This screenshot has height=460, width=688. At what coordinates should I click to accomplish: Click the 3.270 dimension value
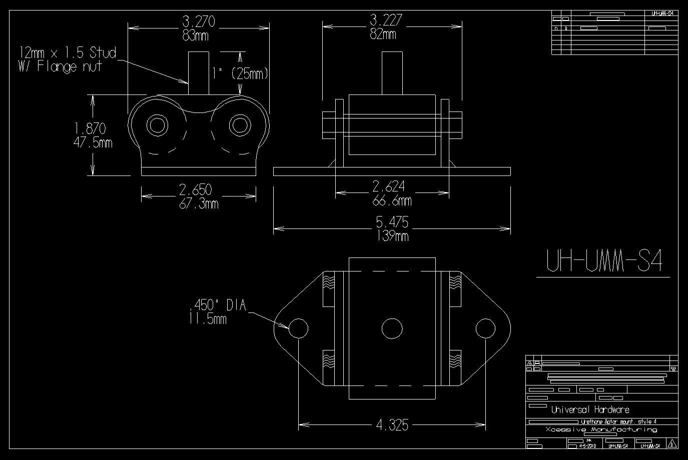point(199,21)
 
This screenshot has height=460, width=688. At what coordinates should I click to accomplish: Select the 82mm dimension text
point(383,34)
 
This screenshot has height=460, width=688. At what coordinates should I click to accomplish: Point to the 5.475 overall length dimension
point(392,222)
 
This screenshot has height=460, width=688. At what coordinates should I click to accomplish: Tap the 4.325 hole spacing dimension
point(392,425)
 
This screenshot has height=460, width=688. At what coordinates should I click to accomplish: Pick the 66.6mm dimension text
point(392,201)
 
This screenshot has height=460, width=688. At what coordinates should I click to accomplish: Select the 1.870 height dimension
point(90,129)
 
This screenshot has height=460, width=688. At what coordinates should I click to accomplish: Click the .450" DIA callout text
point(218,305)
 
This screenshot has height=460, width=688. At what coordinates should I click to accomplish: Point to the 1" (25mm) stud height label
point(240,74)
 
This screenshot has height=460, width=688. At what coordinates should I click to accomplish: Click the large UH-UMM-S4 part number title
point(603,260)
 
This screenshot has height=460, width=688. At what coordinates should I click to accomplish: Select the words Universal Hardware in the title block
point(590,410)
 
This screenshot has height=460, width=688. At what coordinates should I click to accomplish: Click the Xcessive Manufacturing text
point(601,429)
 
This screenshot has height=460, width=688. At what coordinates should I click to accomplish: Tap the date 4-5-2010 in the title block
point(587,445)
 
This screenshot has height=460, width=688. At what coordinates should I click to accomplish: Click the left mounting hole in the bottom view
point(298,328)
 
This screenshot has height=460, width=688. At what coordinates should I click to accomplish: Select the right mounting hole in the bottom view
point(485,328)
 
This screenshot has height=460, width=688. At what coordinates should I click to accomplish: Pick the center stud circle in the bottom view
point(392,328)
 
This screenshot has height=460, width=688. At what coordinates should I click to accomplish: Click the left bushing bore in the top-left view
point(157,124)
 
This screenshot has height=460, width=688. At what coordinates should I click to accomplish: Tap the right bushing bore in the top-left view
point(240,124)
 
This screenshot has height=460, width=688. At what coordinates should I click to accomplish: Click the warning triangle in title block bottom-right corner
point(672,443)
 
